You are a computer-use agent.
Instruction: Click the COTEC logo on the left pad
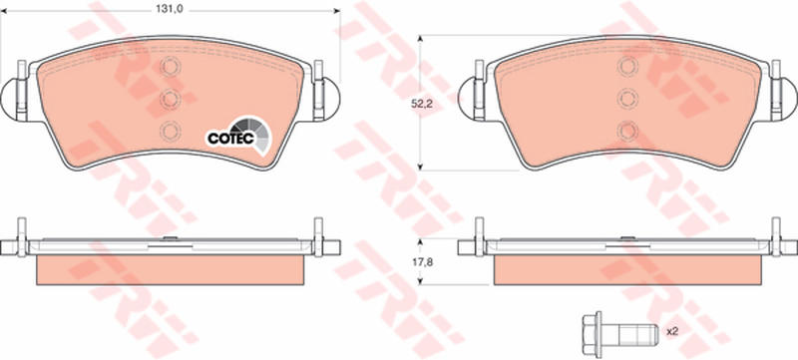coord(237,136)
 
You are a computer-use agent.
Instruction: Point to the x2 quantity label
coord(673,331)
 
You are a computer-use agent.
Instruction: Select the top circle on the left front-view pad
coord(170,67)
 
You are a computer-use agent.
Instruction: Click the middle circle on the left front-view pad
coord(170,99)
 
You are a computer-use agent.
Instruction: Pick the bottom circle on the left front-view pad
coord(170,131)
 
